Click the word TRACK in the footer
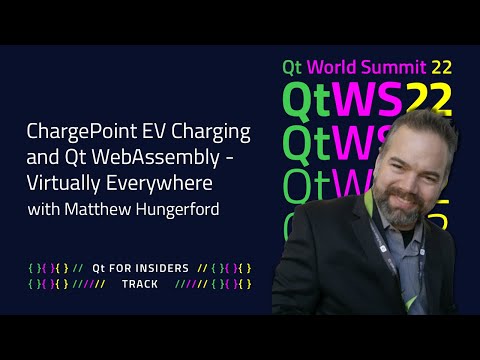pos(140,284)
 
